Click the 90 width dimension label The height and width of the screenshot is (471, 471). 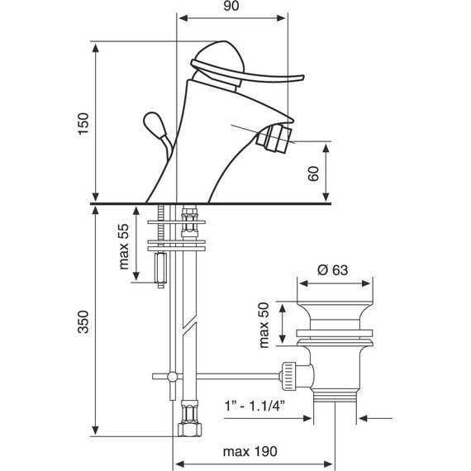pos(231,6)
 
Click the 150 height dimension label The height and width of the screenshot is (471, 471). pos(83,124)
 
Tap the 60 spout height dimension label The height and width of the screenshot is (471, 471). pos(313,174)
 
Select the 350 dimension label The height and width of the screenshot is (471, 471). pos(83,321)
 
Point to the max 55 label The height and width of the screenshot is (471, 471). pos(124,246)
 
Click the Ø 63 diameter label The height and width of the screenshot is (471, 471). pos(332,270)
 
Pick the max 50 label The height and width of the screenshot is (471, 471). pos(264,325)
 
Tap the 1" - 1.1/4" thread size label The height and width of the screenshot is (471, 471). pos(255,406)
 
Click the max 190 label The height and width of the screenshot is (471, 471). pos(250,451)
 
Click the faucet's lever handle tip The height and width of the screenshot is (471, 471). pos(302,78)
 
